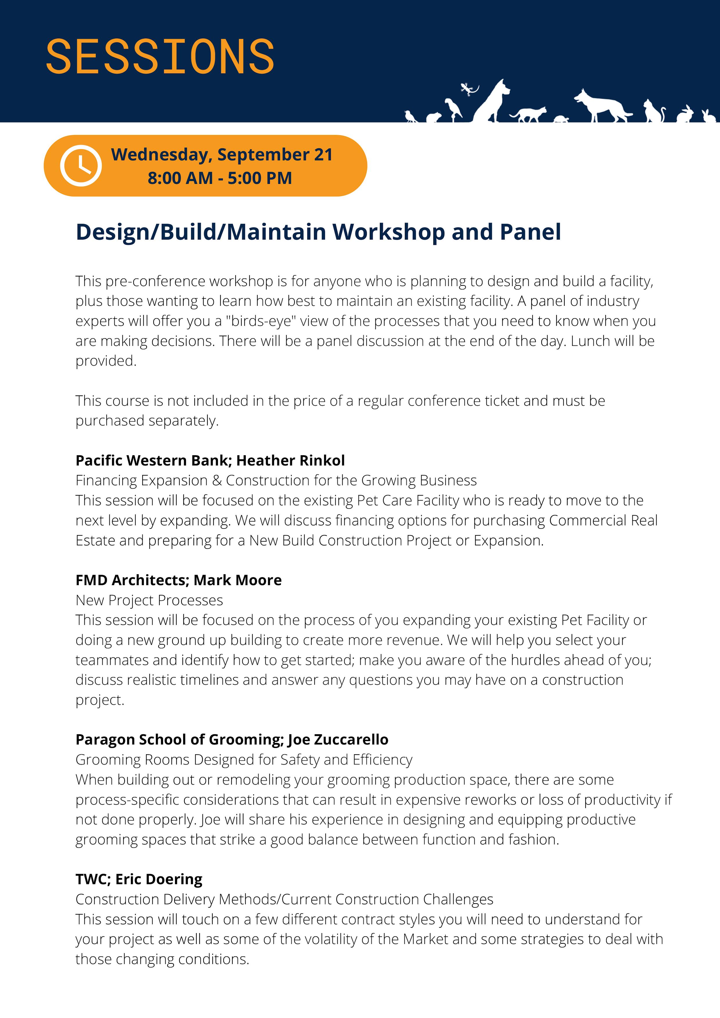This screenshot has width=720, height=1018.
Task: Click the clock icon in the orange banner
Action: (x=81, y=165)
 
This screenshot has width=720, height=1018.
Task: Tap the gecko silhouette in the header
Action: (x=469, y=89)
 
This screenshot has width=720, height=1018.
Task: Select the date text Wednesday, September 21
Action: (x=222, y=154)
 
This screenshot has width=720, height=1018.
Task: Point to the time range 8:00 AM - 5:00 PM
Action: (x=220, y=178)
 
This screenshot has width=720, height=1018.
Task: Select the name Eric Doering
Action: (x=159, y=879)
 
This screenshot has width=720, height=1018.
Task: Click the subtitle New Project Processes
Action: (x=149, y=600)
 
